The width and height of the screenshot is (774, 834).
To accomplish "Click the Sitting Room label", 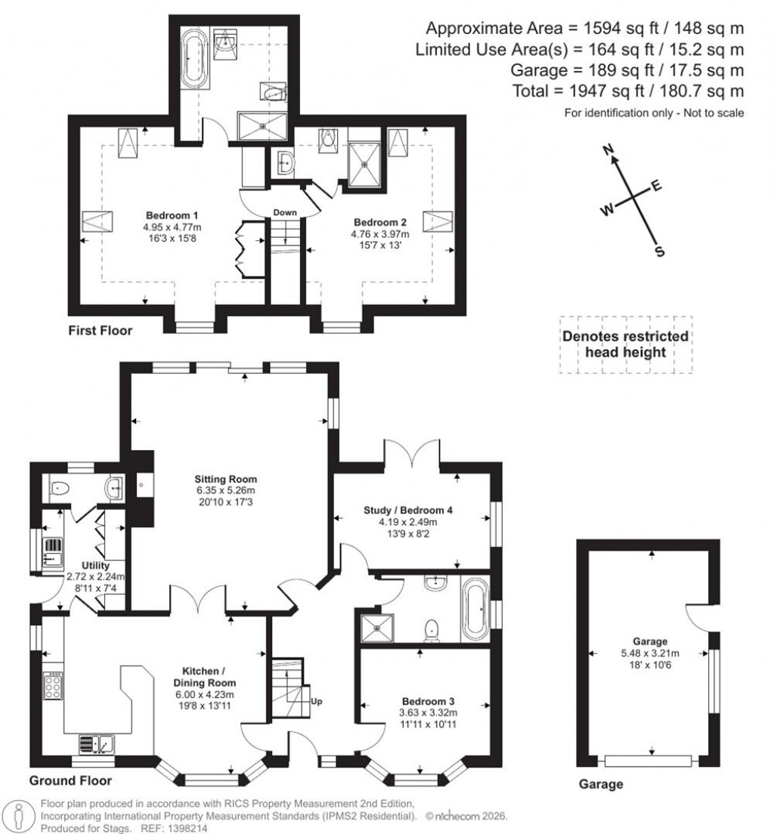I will pos(225,479).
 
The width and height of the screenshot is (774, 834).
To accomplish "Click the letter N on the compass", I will pos(606,151).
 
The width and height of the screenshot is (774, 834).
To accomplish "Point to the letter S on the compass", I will pos(659,252).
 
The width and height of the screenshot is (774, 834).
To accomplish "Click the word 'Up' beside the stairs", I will pos(316,702).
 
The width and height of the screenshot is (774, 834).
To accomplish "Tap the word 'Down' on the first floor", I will pos(285,212).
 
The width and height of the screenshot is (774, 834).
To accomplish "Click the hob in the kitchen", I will pos(54,686).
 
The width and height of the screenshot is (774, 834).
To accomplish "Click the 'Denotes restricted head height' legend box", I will pos(625,344).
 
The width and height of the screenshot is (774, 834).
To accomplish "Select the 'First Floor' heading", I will pos(100,330).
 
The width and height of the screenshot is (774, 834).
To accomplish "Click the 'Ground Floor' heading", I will pos(70,780).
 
